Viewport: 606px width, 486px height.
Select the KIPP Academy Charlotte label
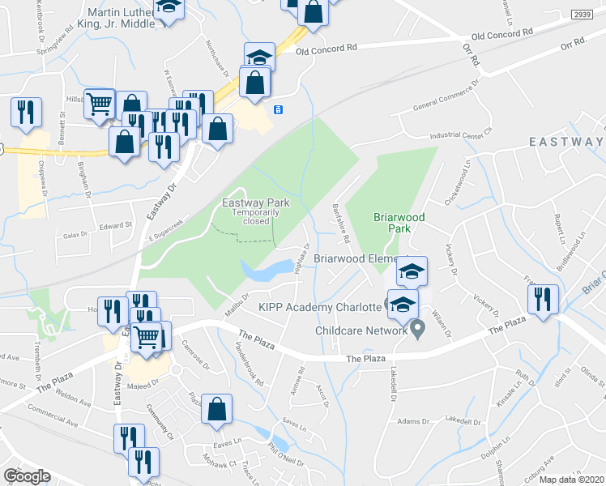[x=319, y=306]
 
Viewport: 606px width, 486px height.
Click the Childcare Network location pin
[x=417, y=329]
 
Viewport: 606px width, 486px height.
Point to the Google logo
[x=27, y=476]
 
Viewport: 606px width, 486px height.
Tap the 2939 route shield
[x=581, y=15]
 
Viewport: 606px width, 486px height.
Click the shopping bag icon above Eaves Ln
[x=216, y=410]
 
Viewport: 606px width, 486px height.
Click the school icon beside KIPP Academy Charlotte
[x=403, y=305]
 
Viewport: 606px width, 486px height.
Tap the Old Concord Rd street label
[x=326, y=49]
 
